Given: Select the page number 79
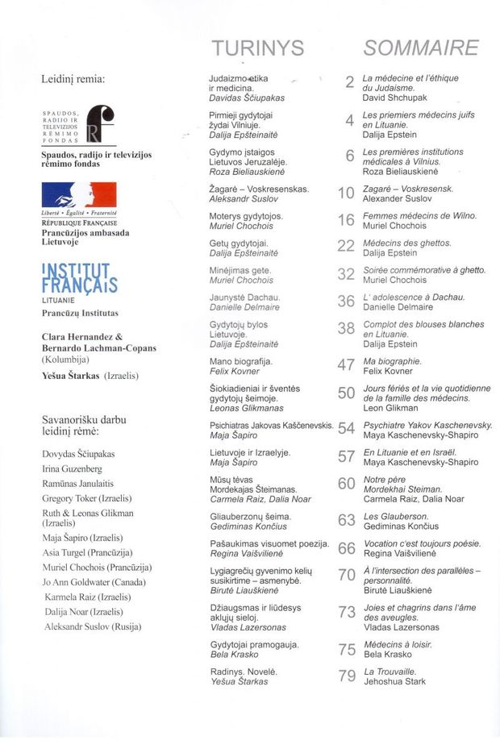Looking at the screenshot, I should click(x=347, y=676).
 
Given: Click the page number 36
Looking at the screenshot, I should click(x=347, y=301).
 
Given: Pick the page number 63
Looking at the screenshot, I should click(x=347, y=520).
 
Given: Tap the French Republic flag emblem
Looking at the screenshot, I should click(x=80, y=194).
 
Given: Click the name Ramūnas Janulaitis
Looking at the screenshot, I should click(x=78, y=483).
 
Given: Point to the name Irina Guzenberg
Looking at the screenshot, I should click(x=72, y=468).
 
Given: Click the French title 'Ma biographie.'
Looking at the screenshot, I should click(x=392, y=361).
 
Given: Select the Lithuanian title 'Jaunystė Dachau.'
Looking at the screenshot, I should click(x=244, y=298).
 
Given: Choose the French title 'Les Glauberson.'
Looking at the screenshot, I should click(x=395, y=516).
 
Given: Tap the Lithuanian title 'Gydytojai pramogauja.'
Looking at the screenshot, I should click(x=253, y=645).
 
